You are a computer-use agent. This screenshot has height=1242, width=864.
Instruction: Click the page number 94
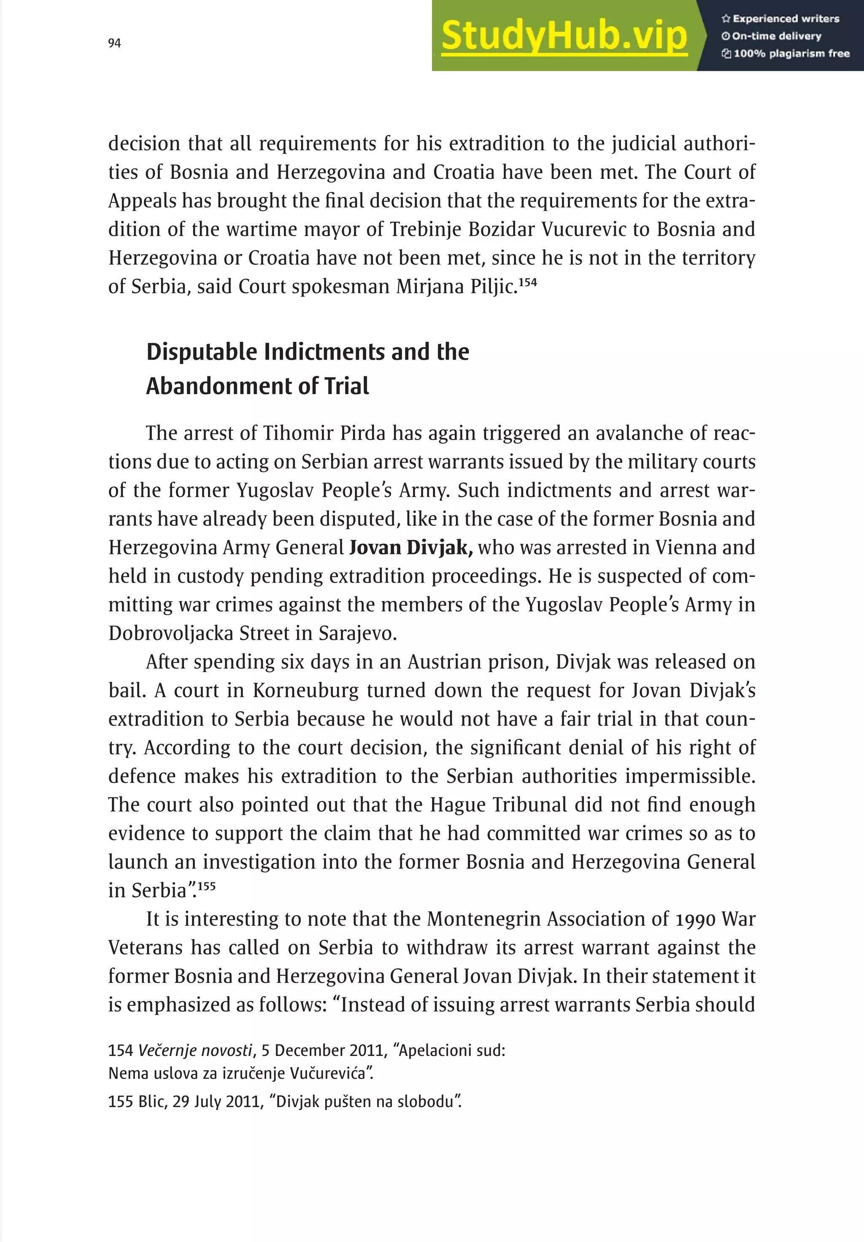point(114,43)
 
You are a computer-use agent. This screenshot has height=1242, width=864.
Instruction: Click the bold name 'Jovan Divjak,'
point(411,548)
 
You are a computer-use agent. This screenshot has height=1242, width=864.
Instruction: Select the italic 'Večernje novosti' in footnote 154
point(195,1050)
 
